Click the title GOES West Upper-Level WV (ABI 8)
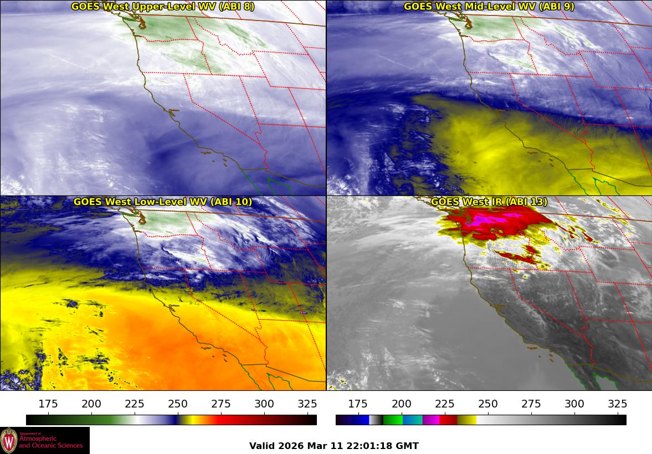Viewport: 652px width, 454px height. pyautogui.click(x=163, y=7)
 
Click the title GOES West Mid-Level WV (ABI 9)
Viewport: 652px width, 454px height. pyautogui.click(x=489, y=7)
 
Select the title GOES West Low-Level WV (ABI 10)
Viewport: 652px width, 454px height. pyautogui.click(x=163, y=202)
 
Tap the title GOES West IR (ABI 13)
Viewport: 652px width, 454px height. pyautogui.click(x=489, y=202)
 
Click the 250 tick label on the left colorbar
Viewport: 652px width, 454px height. pyautogui.click(x=178, y=403)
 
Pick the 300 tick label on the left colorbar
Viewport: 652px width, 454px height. pyautogui.click(x=264, y=403)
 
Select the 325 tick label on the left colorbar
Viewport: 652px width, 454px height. pyautogui.click(x=307, y=403)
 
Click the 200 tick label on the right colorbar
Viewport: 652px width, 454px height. pyautogui.click(x=401, y=403)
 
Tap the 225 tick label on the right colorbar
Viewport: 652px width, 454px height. pyautogui.click(x=444, y=403)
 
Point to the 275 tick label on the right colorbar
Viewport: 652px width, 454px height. pyautogui.click(x=531, y=403)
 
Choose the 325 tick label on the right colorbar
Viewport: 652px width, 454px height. pyautogui.click(x=617, y=403)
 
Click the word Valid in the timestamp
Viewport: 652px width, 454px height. pyautogui.click(x=261, y=446)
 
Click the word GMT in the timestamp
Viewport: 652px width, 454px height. pyautogui.click(x=407, y=446)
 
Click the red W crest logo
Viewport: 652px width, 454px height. pyautogui.click(x=9, y=441)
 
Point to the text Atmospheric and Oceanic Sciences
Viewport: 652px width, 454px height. pyautogui.click(x=51, y=442)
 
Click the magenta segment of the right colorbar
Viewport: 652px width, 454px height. pyautogui.click(x=430, y=420)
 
